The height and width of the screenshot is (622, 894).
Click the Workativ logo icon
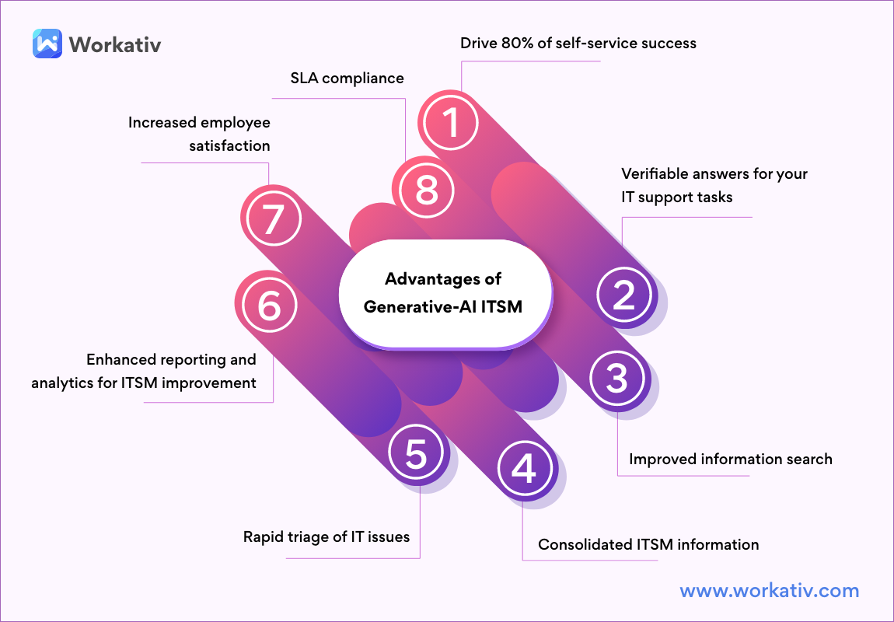[x=47, y=44]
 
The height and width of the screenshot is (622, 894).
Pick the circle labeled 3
[x=616, y=379]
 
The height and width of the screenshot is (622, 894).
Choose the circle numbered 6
[x=269, y=306]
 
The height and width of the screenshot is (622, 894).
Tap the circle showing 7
[x=270, y=220]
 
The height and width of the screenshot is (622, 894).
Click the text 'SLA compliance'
[x=347, y=78]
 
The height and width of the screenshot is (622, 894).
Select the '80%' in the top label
[x=527, y=43]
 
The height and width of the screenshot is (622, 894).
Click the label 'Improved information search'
[x=730, y=459]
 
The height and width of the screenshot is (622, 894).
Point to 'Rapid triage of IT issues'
[x=326, y=536]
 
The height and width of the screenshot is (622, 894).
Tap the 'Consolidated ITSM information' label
[x=648, y=544]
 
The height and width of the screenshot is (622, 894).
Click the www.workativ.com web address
[x=769, y=591]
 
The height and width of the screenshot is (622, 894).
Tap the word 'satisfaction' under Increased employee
[x=229, y=145]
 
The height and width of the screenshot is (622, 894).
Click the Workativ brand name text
[x=115, y=44]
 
